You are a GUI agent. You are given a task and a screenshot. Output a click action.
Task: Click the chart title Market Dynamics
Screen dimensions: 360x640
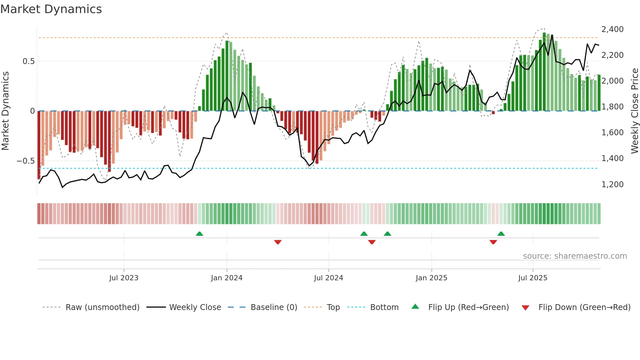tap(51, 9)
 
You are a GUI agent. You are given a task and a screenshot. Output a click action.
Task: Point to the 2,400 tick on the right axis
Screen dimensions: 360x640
tap(612, 29)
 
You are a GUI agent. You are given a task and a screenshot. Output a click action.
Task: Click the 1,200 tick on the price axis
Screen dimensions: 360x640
tap(612, 185)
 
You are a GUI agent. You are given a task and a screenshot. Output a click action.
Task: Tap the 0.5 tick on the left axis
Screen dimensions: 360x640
tap(28, 61)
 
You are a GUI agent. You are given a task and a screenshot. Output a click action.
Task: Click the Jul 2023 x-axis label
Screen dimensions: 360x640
tap(124, 278)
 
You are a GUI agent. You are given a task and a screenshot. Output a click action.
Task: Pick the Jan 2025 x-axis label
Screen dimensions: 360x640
tap(431, 278)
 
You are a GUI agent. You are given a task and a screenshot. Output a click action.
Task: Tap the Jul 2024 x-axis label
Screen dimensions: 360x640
tap(328, 278)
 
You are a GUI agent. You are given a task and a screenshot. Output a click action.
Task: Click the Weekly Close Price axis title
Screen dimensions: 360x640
tap(634, 111)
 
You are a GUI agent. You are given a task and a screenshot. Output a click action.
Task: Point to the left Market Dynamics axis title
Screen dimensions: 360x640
tap(5, 111)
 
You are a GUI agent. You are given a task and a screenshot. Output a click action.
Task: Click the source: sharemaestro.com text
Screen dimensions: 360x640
tap(575, 256)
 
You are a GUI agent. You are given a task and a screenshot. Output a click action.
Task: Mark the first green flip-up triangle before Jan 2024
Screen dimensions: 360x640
tap(200, 234)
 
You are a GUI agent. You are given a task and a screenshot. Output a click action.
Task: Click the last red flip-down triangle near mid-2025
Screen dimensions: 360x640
tap(493, 242)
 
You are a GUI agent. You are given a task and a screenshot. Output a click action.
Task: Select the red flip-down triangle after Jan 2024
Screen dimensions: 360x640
tap(278, 242)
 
